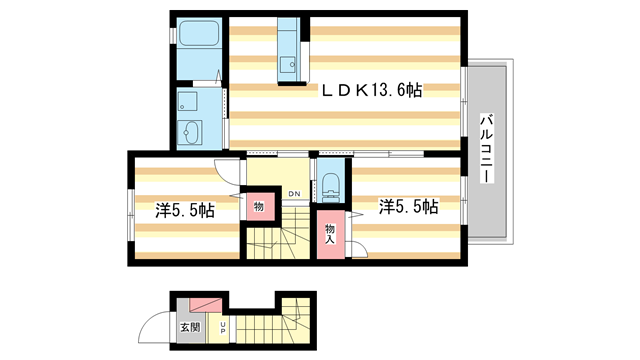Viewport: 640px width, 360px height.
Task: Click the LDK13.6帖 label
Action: [x=371, y=90]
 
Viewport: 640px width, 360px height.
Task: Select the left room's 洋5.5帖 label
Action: [x=184, y=211]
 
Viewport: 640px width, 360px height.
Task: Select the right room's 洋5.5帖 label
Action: [x=408, y=207]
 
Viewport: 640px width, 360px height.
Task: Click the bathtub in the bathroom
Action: [x=200, y=36]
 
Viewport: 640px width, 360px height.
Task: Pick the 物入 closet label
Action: [x=329, y=235]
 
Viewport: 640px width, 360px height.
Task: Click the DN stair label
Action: [x=294, y=193]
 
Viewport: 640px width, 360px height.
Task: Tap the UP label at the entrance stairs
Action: [x=223, y=326]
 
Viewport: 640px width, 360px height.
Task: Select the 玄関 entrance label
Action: [x=189, y=326]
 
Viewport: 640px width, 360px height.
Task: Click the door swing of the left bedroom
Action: [x=231, y=171]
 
